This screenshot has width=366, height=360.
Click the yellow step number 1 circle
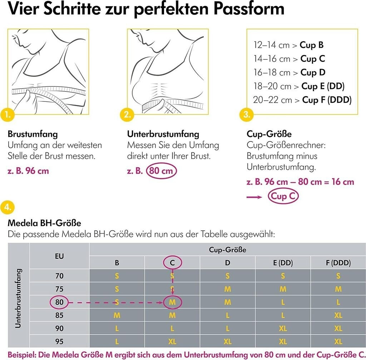tap(8, 115)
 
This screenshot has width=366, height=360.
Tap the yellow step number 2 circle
tap(127, 115)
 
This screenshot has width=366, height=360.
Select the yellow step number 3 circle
tap(246, 115)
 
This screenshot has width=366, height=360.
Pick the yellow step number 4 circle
tap(8, 207)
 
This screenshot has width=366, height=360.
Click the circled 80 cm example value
tap(161, 171)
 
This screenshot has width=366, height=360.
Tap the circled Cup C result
tap(283, 196)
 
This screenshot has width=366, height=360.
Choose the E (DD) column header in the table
tap(283, 263)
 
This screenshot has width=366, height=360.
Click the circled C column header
tap(172, 263)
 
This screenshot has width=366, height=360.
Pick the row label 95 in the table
tap(59, 341)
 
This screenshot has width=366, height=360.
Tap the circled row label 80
tap(59, 302)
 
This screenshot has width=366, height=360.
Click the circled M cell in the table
tap(172, 302)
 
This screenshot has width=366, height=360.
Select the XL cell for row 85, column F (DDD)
tap(338, 315)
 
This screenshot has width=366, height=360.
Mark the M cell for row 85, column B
tap(117, 315)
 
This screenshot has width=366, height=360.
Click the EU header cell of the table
tap(59, 256)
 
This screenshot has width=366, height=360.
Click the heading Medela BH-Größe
tap(44, 223)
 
